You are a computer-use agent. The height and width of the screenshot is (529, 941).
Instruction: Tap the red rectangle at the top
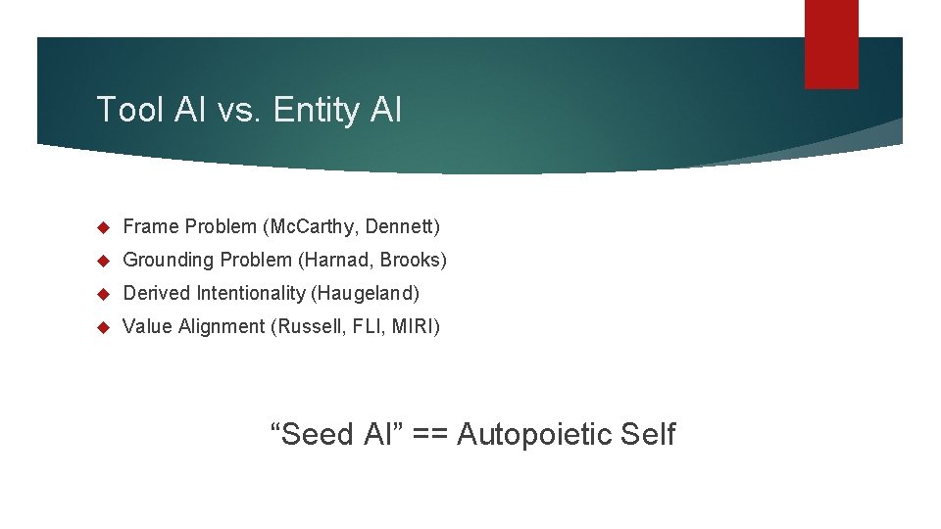coord(831,43)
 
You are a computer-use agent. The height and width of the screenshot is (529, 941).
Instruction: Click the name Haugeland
coord(376,293)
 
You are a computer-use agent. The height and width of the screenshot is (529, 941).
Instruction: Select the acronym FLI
coord(361,326)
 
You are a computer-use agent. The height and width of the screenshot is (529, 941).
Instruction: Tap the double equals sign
coord(423,434)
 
